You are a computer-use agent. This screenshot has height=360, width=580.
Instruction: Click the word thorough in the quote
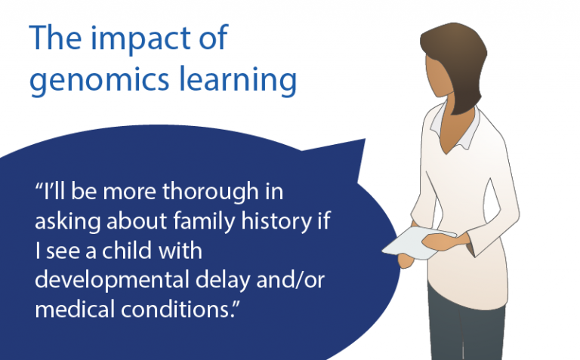211,192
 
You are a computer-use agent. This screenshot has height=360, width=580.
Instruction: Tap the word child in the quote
127,250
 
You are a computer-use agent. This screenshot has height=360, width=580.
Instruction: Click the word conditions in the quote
178,309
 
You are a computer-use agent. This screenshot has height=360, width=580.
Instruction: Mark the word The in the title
55,38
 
